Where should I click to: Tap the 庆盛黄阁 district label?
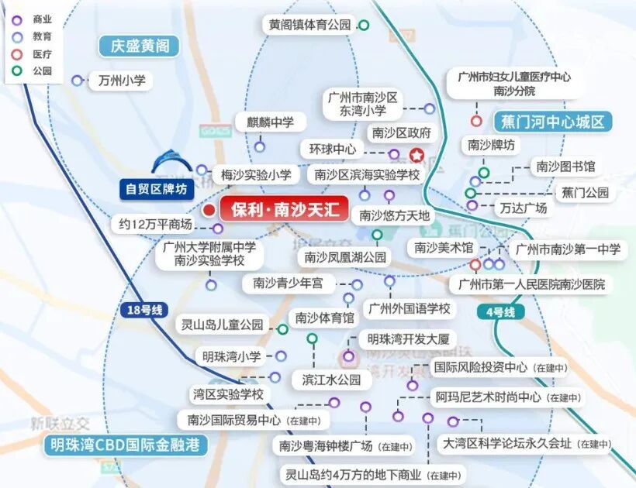140,46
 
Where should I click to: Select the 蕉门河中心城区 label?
552,122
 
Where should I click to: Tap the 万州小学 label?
122,80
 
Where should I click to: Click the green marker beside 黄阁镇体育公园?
364,26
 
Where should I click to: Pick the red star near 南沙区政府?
417,154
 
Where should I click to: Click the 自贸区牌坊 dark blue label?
157,188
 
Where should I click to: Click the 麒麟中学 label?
271,122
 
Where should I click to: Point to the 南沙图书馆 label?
563,166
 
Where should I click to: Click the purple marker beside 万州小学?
77,80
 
